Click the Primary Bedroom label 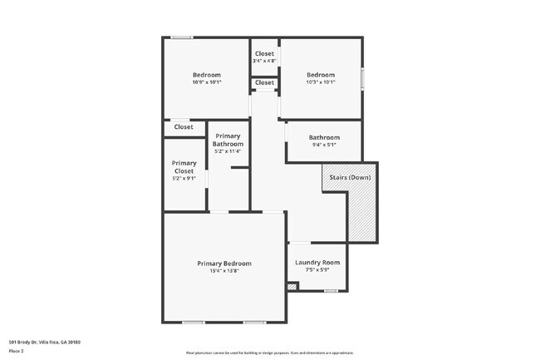223,264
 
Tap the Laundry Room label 317,263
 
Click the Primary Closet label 184,167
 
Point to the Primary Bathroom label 228,140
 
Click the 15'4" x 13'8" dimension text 223,271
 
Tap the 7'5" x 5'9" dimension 317,270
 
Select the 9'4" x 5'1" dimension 324,145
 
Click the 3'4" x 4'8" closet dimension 264,61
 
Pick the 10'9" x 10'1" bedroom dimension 206,82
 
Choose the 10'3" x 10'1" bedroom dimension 321,82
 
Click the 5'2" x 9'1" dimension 184,178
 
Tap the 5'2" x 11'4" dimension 228,151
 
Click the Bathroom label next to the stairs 324,137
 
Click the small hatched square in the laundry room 291,287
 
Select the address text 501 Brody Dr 45,342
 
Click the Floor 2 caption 17,351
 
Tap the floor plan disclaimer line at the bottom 270,353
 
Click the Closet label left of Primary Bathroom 184,127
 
